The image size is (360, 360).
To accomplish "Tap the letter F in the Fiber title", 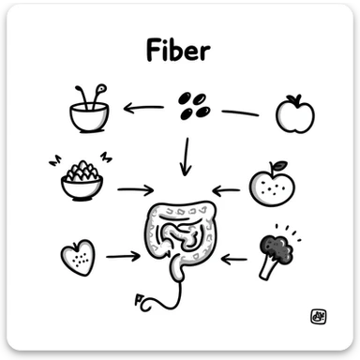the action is point(154,51).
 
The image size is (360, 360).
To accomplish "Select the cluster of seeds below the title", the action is point(193,105).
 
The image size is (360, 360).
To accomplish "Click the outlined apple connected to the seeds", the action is point(294,113).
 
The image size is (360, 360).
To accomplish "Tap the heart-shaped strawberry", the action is point(77,255).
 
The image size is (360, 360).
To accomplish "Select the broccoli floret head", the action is point(277,247).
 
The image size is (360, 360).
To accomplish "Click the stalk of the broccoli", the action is point(268,268).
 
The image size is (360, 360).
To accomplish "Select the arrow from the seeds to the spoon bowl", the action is point(143,107).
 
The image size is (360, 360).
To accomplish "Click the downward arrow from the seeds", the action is point(185,157).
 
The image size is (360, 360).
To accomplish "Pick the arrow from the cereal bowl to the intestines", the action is point(137,189).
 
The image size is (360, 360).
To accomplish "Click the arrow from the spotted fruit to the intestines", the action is point(226,190).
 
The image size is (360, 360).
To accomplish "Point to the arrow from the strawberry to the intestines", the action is point(123,255).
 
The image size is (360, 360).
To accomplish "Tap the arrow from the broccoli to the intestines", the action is point(233,255).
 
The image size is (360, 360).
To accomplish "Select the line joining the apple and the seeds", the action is point(240,112).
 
